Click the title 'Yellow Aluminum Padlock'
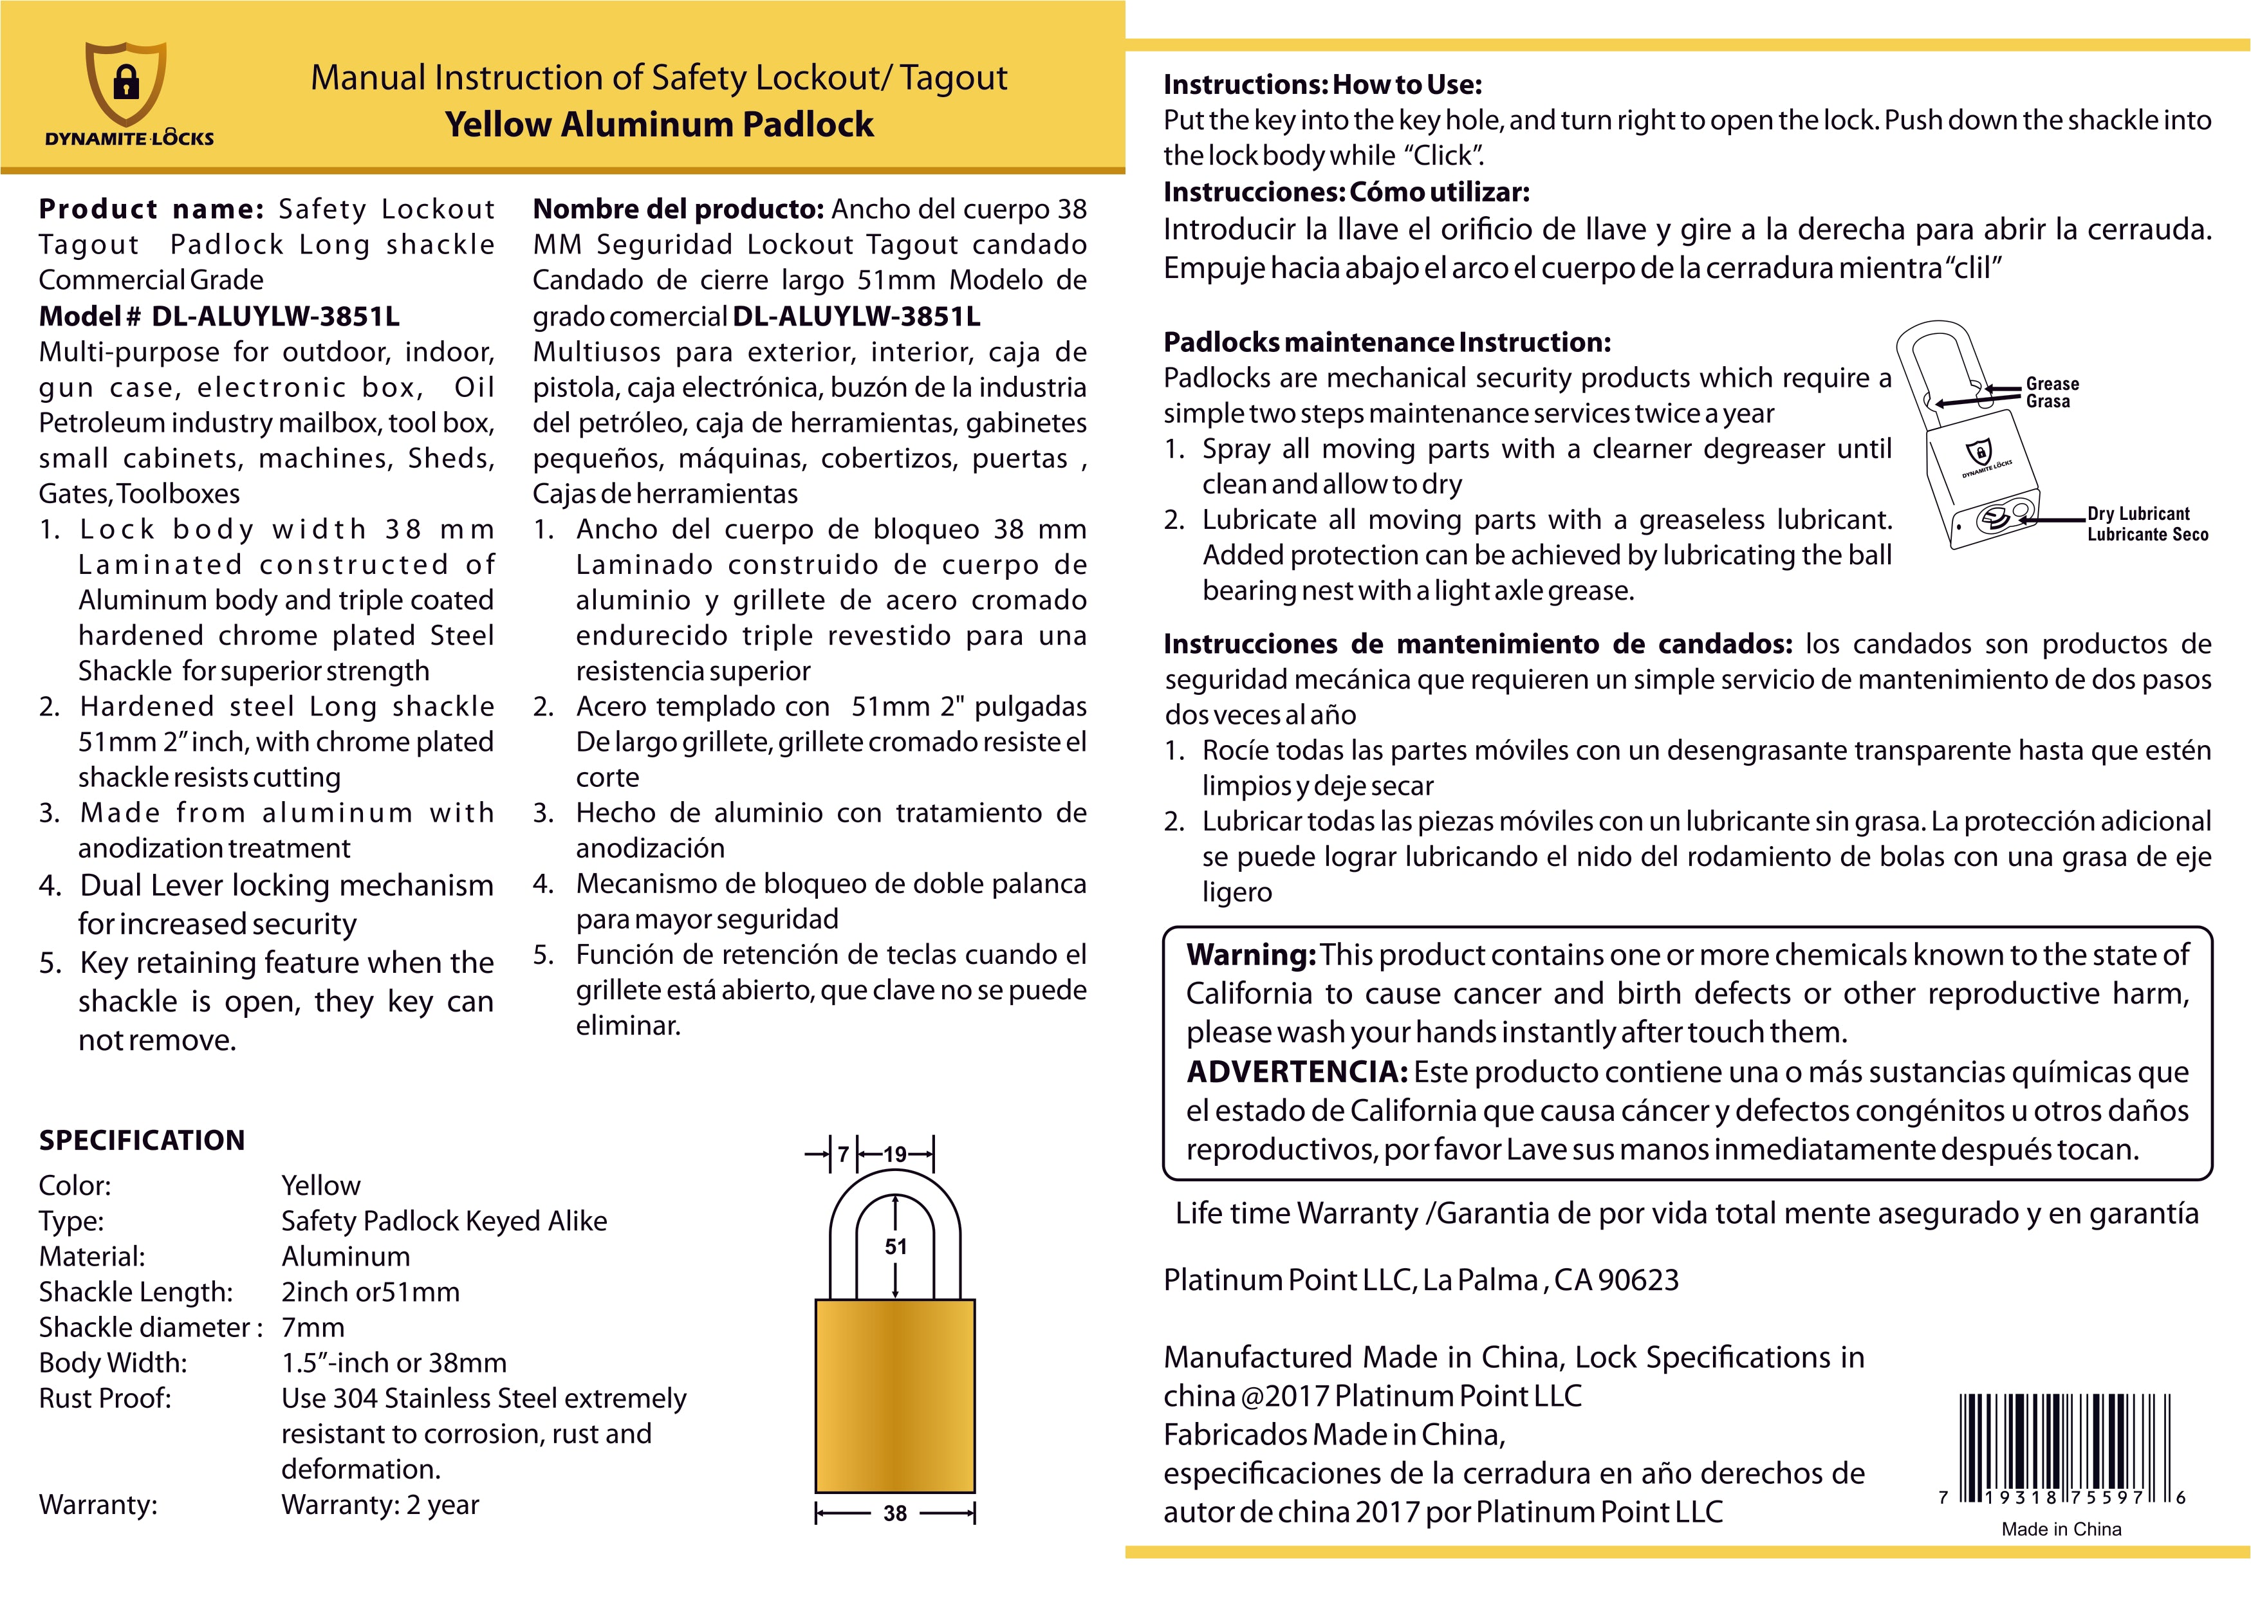click(x=659, y=125)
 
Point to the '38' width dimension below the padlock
click(x=895, y=1513)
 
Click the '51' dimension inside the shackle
click(x=895, y=1247)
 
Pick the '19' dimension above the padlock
click(x=895, y=1154)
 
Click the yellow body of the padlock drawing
click(x=895, y=1396)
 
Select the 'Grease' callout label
click(x=2052, y=383)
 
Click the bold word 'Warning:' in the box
click(x=1251, y=955)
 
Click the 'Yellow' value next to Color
click(x=320, y=1185)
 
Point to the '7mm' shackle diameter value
click(x=313, y=1327)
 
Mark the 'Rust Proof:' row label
click(x=104, y=1398)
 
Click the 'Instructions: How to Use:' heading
click(x=1322, y=84)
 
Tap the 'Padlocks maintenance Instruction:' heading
click(x=1387, y=342)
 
